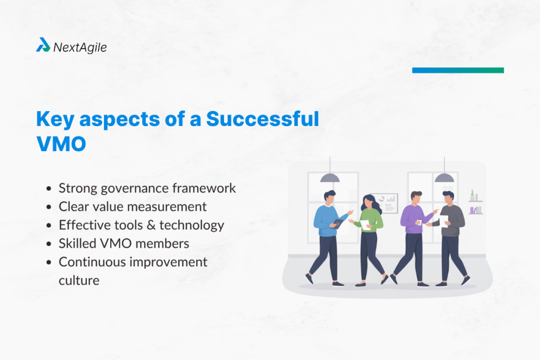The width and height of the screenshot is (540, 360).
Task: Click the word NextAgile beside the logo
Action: pyautogui.click(x=80, y=47)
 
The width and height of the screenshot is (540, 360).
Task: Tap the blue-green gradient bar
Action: pyautogui.click(x=458, y=70)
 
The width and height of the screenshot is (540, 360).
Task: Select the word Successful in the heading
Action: pyautogui.click(x=262, y=119)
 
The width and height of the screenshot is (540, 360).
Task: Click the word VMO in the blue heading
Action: pyautogui.click(x=61, y=144)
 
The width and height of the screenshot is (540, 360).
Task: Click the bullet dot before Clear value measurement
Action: pyautogui.click(x=49, y=207)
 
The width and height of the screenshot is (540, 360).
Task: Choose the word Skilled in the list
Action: pyautogui.click(x=76, y=244)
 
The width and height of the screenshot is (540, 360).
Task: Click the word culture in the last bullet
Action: pyautogui.click(x=79, y=280)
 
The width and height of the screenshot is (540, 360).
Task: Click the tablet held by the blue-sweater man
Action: pyautogui.click(x=338, y=223)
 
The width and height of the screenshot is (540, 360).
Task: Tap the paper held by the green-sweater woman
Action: pyautogui.click(x=365, y=226)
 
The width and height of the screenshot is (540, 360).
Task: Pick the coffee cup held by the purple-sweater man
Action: pyautogui.click(x=418, y=222)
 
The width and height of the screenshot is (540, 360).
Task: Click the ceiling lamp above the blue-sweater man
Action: pyautogui.click(x=330, y=178)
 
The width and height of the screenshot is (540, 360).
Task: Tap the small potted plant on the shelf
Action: pyautogui.click(x=472, y=195)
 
